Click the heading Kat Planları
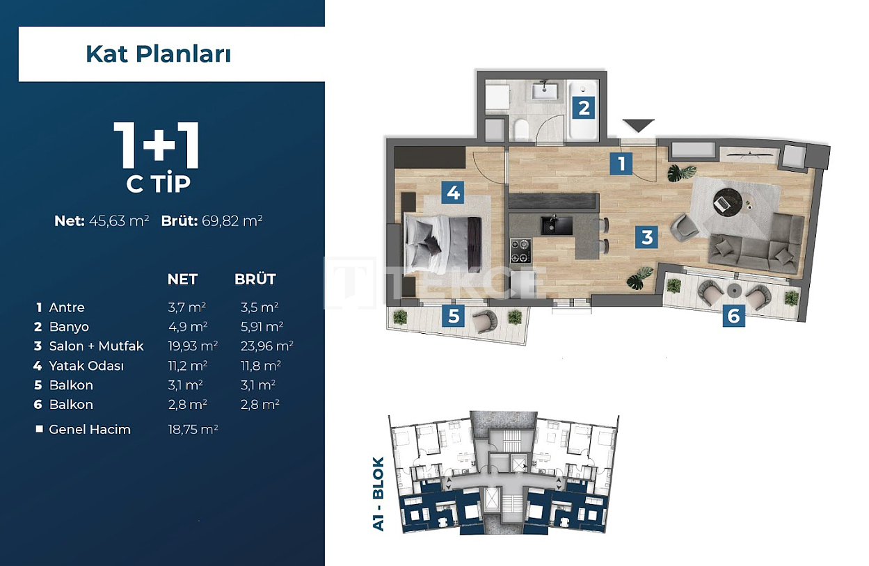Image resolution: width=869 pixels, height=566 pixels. tap(158, 54)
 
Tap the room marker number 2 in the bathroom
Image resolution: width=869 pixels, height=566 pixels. tap(584, 108)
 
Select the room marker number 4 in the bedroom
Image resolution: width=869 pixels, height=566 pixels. tap(454, 192)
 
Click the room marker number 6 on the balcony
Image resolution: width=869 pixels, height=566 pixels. tap(733, 316)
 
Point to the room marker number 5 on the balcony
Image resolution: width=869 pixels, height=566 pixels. tap(454, 316)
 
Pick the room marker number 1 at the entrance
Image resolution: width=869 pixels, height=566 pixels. tap(621, 163)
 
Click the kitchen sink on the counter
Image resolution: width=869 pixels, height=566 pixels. tap(557, 225)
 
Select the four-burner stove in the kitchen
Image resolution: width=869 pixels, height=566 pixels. tap(520, 250)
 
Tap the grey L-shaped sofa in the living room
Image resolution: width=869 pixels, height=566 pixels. tap(758, 243)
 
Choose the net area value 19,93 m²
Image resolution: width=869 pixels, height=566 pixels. tap(193, 346)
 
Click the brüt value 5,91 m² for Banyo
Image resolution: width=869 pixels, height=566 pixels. tap(259, 327)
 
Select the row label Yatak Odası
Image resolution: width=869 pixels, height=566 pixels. tap(86, 366)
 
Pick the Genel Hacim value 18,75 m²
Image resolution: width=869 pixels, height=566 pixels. tap(193, 430)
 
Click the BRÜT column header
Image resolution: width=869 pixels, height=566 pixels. tap(255, 280)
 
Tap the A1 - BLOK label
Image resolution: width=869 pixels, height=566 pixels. tap(378, 494)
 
